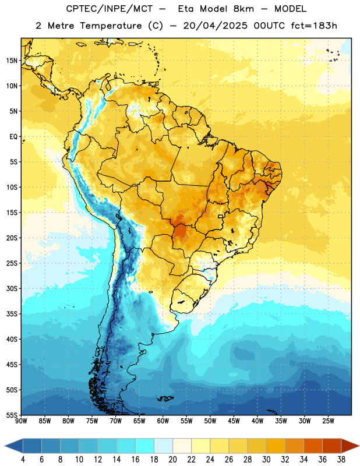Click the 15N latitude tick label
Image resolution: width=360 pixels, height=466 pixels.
tap(12, 61)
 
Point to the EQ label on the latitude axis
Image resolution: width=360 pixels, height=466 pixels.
tap(13, 137)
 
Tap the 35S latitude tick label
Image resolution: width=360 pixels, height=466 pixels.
tap(12, 314)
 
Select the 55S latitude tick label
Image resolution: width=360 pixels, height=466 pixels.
tap(12, 415)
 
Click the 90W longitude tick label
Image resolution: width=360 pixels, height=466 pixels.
tap(21, 421)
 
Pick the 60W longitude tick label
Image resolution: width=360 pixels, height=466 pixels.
tap(163, 421)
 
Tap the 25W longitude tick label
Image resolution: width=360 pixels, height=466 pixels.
tap(328, 421)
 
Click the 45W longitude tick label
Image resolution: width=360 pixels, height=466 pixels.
tap(234, 421)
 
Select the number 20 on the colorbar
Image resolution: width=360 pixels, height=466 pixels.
tap(172, 460)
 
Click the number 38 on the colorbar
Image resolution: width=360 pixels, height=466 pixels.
tap(341, 460)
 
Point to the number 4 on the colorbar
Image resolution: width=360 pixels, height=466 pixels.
tap(23, 460)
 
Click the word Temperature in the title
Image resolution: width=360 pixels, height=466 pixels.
tap(111, 26)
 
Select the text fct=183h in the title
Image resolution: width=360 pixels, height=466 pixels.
tap(314, 26)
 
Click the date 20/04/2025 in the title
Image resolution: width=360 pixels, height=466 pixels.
tap(215, 26)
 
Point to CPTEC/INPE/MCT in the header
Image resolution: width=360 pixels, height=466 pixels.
tap(109, 9)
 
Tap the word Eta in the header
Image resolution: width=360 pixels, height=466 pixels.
tap(186, 9)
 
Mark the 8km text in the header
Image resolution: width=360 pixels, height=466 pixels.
tap(243, 9)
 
